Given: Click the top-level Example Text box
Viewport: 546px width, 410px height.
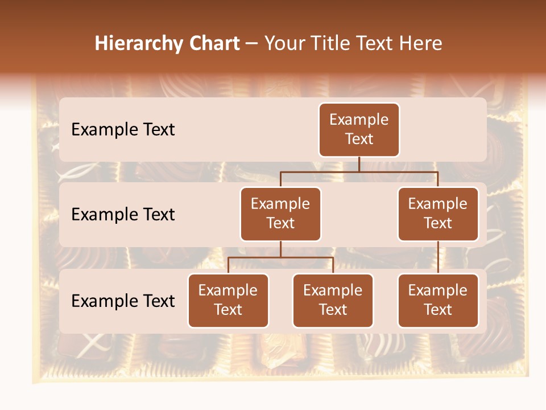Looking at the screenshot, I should point(359,130).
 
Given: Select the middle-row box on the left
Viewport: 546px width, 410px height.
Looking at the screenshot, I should point(280,214).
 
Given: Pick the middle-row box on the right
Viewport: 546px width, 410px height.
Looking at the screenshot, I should point(438,214).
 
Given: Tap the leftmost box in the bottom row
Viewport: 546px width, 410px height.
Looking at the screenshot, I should point(228,301).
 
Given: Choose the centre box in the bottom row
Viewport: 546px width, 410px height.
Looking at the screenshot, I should point(333,301).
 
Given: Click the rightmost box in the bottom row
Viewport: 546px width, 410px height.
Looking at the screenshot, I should point(438,301).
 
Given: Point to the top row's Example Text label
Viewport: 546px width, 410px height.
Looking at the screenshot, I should point(123,130).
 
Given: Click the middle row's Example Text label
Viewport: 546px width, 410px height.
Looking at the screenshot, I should point(123,215).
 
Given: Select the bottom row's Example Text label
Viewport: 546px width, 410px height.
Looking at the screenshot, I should point(123,301).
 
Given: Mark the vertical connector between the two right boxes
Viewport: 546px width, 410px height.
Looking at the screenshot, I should point(438,257).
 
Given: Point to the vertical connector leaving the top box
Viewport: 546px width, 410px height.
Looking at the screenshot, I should point(359,165).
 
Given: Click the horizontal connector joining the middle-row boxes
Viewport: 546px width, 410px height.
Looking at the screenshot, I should point(359,172).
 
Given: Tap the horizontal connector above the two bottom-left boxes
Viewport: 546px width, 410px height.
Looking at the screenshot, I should point(280,258).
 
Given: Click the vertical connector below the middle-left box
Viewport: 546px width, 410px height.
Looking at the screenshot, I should point(280,249).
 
